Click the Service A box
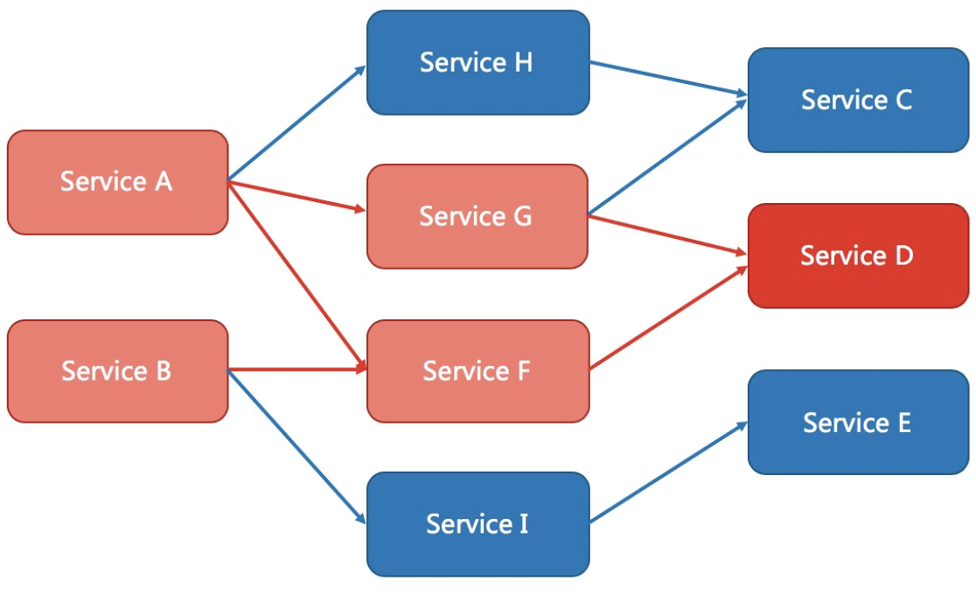click(118, 183)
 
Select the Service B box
click(118, 371)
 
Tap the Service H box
click(478, 62)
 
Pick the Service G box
click(478, 216)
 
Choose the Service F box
click(478, 371)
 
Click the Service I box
click(478, 524)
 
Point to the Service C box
click(858, 100)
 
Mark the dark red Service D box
click(858, 255)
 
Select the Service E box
click(858, 423)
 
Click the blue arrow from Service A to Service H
click(296, 123)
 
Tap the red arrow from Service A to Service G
click(296, 196)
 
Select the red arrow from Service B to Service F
click(296, 369)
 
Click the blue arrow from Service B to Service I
click(296, 447)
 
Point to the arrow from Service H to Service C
click(668, 79)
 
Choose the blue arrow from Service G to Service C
click(668, 157)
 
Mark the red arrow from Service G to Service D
click(668, 234)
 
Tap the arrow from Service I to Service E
click(668, 472)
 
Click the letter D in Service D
click(903, 255)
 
